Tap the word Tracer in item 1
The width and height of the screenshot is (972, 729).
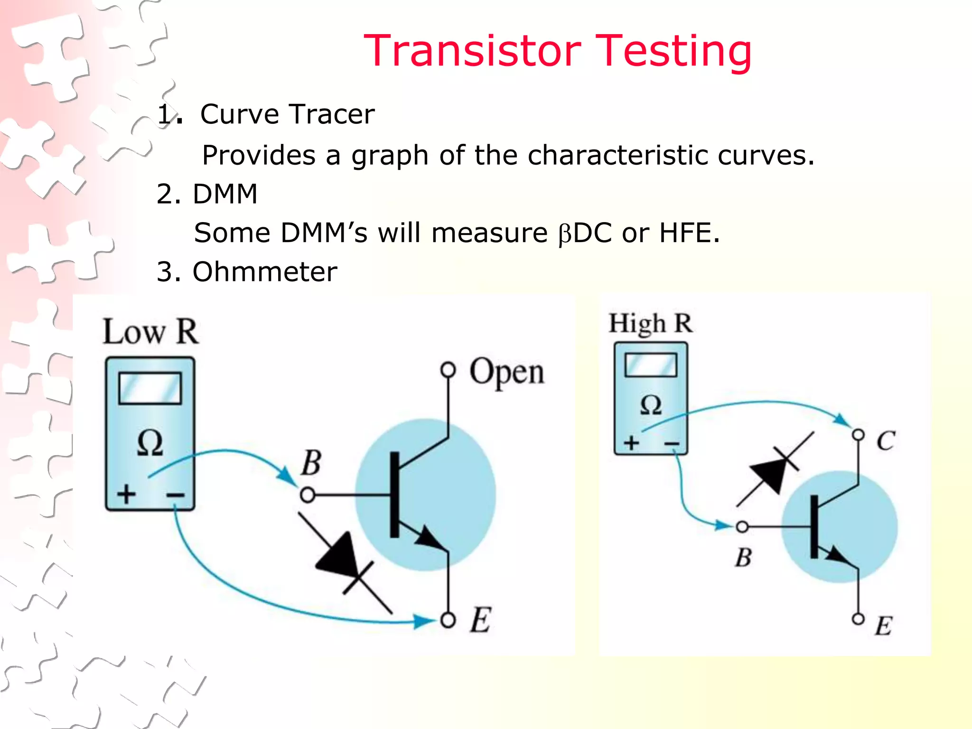(332, 114)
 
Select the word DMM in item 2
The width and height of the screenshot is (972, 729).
(225, 194)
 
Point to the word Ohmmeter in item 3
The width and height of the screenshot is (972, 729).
(264, 272)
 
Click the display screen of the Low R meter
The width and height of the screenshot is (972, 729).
(150, 388)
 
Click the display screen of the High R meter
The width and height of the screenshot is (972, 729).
(651, 365)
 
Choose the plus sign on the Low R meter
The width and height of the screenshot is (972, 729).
(127, 494)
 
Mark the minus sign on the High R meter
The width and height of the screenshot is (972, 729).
(672, 444)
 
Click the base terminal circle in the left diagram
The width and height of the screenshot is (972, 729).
(308, 495)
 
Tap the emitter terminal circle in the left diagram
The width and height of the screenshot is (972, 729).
(448, 620)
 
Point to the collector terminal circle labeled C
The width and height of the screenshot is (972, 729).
(858, 435)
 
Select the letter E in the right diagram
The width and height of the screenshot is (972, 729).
(884, 626)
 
